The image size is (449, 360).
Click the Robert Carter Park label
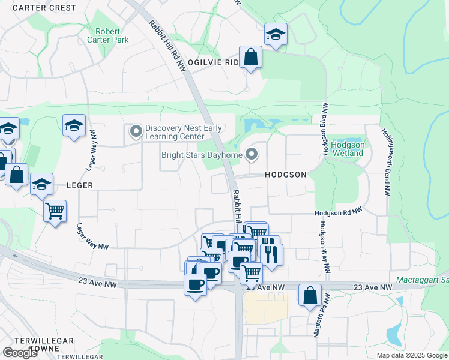(x=112, y=35)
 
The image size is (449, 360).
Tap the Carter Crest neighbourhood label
(x=44, y=8)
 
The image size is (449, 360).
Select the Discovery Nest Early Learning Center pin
(x=136, y=130)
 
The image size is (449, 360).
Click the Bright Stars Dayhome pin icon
(x=253, y=156)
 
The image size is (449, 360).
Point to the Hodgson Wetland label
(x=348, y=149)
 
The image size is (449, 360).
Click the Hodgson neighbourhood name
(x=286, y=175)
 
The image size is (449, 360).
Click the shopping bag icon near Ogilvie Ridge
(x=251, y=58)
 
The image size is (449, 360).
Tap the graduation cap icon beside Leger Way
(x=74, y=126)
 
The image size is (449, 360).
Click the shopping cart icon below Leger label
(x=55, y=211)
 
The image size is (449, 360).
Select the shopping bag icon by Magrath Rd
(x=310, y=295)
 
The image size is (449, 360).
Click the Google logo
(x=20, y=352)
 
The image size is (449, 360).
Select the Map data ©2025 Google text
(x=411, y=355)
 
